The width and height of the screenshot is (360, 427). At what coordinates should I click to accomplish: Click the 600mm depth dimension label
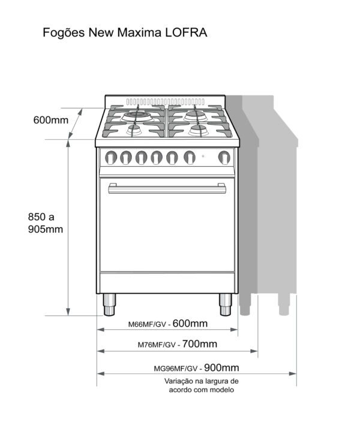pos(50,120)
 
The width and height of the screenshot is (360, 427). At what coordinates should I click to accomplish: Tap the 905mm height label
pos(46,229)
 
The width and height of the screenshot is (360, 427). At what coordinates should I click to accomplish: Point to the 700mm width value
pos(199,344)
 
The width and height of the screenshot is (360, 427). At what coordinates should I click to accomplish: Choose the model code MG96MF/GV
pos(176,369)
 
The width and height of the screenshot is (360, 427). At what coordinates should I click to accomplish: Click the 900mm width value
pos(221,368)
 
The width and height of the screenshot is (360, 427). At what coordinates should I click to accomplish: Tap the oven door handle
pos(167,188)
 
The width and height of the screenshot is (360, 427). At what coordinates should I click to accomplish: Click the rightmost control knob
pos(224,158)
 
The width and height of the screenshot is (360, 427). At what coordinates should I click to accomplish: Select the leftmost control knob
pos(111,158)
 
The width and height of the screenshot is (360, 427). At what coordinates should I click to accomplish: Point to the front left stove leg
pos(109,305)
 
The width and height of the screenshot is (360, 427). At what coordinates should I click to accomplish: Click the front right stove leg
pos(226,305)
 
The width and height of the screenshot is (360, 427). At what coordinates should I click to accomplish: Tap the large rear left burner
pos(137,116)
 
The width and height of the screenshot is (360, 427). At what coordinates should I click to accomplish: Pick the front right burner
pos(199,130)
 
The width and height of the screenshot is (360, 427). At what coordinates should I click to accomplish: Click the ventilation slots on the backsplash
pos(165,102)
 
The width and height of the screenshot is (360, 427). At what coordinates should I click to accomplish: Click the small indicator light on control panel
pos(203,157)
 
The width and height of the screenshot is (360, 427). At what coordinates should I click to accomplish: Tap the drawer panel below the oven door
pos(167,283)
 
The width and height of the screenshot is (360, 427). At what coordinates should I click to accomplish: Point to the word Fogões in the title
pos(64,33)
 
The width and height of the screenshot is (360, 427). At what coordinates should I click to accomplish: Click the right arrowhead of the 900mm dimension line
pos(293,374)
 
